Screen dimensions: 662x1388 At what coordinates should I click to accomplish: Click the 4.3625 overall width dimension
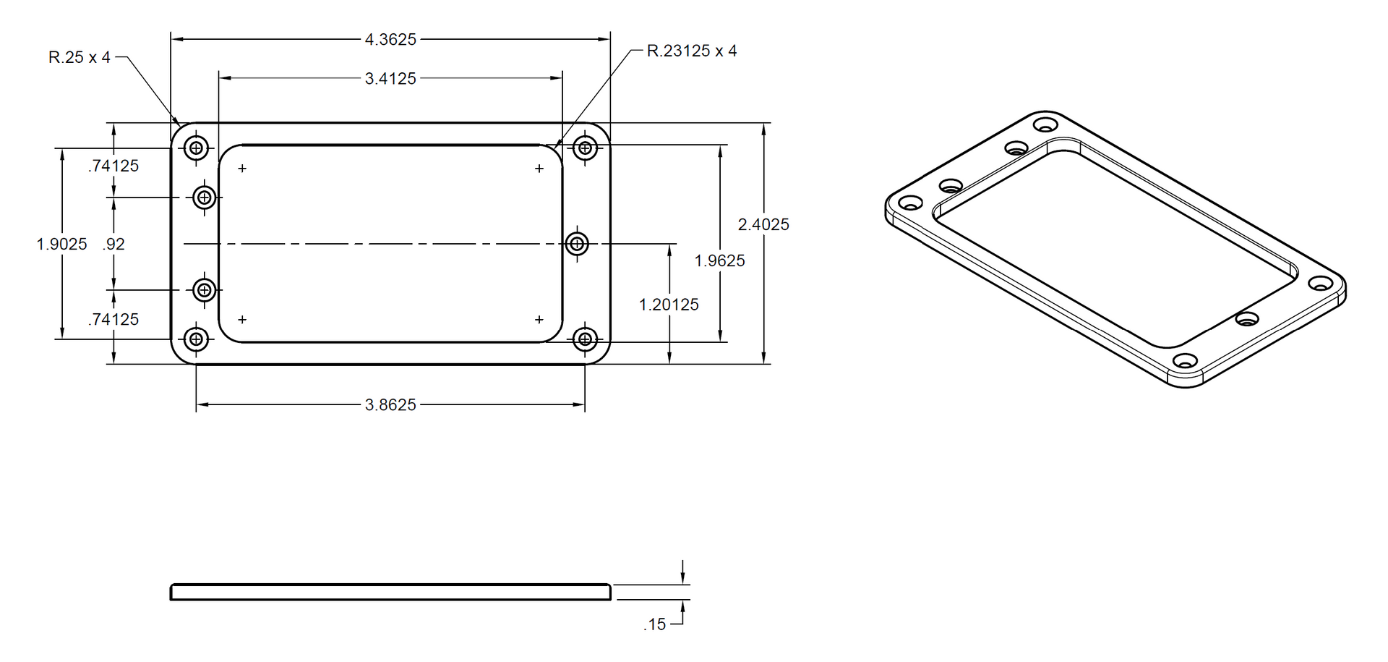390,40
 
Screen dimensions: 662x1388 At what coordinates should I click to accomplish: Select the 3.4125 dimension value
390,79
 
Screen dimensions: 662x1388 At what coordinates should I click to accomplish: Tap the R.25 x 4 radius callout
80,57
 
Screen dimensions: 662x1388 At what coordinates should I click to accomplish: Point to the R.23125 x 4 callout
692,51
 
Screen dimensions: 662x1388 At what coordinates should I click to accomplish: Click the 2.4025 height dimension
763,225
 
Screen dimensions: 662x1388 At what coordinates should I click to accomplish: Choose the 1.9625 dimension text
719,261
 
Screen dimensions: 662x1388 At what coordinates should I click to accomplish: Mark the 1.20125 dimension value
669,305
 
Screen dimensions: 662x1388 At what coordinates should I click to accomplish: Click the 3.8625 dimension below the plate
390,405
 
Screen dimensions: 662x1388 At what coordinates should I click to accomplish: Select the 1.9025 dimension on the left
61,245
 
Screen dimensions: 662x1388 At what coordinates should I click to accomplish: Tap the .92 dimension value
113,245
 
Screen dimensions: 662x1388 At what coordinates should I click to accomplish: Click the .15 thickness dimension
655,624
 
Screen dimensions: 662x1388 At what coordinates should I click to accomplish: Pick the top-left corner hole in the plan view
196,148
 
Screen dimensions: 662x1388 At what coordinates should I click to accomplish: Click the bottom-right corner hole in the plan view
585,339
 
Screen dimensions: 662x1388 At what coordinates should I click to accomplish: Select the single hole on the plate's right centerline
576,244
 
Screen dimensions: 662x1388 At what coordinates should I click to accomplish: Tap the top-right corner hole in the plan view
585,148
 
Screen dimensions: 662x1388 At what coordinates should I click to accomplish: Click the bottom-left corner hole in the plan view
196,339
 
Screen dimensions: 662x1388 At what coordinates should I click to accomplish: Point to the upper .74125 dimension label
113,166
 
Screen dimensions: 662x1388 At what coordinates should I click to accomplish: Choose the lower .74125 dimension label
113,320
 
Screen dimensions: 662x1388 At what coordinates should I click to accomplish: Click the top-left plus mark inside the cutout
242,169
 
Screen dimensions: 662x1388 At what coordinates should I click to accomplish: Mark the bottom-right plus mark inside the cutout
539,320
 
